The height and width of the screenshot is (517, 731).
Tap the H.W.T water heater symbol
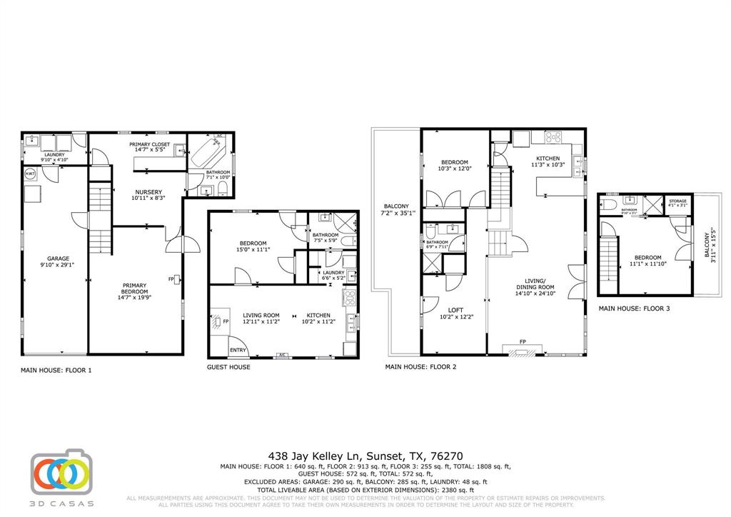(x=31, y=174)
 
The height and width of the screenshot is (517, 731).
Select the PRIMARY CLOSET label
(x=149, y=144)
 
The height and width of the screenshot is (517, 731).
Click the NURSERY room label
(x=148, y=191)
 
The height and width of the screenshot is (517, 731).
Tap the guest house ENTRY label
(x=238, y=350)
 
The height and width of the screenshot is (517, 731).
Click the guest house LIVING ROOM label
(x=261, y=315)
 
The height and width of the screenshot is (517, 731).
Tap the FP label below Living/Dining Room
(x=523, y=341)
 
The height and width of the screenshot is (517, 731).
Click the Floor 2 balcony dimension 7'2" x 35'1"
(x=396, y=213)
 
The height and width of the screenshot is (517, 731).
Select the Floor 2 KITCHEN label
(x=548, y=159)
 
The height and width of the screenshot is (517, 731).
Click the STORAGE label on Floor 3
(x=677, y=201)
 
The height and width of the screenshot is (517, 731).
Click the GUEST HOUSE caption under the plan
(x=228, y=367)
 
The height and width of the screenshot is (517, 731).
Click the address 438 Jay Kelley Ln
(x=315, y=455)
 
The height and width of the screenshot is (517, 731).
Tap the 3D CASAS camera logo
(x=60, y=473)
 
